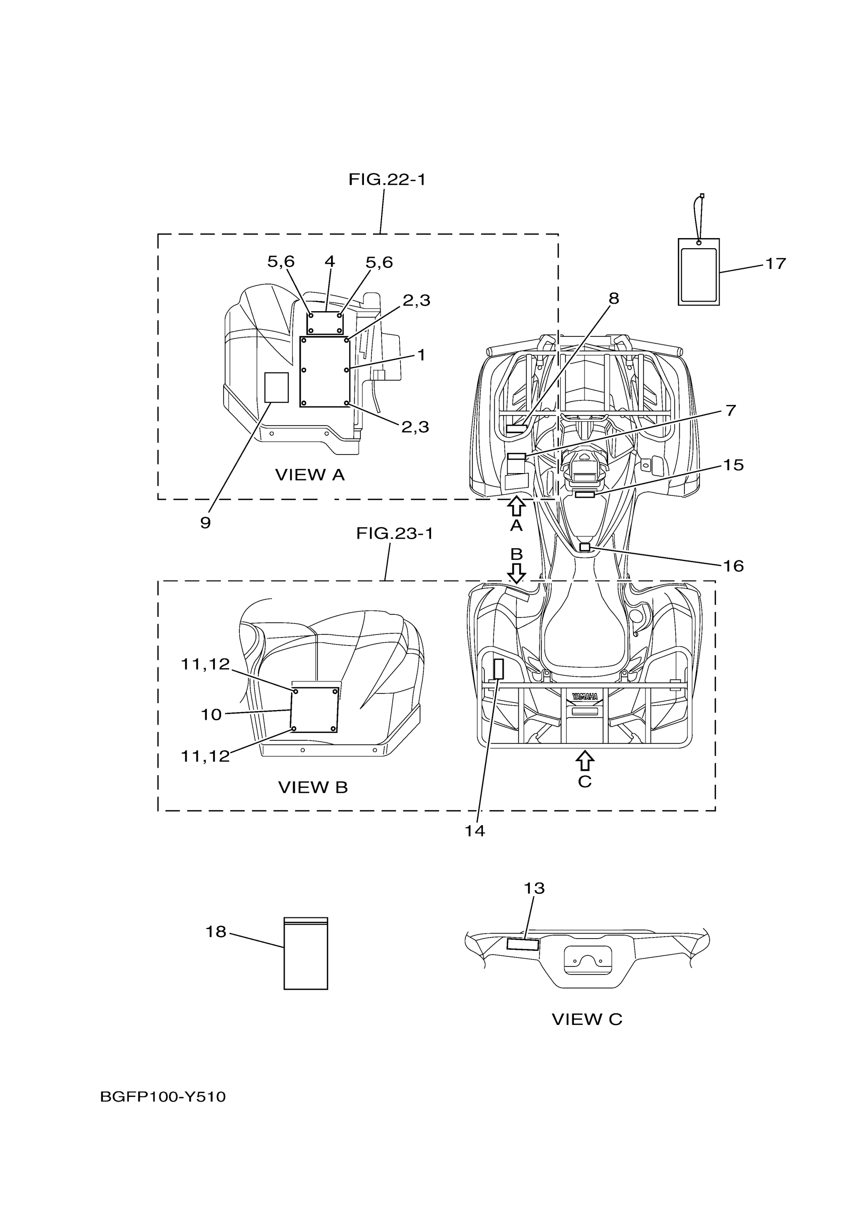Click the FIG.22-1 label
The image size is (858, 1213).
[x=387, y=180]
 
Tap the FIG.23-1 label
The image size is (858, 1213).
[x=394, y=534]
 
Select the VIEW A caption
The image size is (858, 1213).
[x=310, y=475]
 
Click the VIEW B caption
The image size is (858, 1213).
[x=313, y=802]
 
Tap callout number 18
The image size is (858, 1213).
[x=216, y=932]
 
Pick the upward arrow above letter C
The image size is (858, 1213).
[x=584, y=761]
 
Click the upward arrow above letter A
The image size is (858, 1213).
[x=516, y=506]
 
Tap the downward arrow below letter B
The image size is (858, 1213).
[x=516, y=572]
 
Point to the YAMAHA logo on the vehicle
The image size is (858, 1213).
[x=584, y=697]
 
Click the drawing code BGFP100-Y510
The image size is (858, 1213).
[x=163, y=1097]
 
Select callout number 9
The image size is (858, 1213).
[x=205, y=523]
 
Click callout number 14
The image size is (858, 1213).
[x=474, y=831]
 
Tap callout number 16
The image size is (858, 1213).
[x=733, y=566]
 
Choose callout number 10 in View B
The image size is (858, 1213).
[x=211, y=715]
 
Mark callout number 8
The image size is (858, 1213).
[x=613, y=299]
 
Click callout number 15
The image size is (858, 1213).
[x=733, y=465]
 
